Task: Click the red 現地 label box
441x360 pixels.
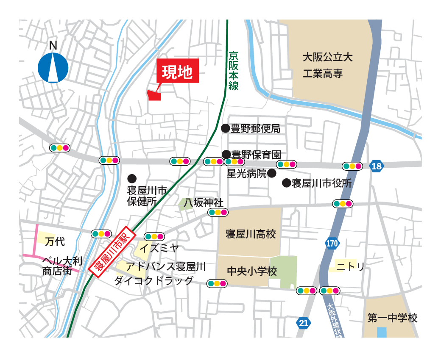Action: (178, 71)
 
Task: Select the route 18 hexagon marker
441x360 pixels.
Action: (376, 166)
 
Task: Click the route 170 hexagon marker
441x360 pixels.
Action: (332, 243)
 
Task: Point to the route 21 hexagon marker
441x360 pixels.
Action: (303, 323)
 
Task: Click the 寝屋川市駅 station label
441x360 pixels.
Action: (112, 253)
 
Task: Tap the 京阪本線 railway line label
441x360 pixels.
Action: (233, 70)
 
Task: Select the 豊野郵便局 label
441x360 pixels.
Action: (255, 129)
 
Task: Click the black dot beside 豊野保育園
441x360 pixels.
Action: (226, 154)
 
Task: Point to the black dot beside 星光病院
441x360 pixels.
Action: (271, 173)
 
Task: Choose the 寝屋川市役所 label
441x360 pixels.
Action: (322, 183)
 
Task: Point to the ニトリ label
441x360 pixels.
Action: (350, 266)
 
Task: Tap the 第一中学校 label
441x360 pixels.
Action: (392, 318)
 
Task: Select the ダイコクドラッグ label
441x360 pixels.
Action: (154, 280)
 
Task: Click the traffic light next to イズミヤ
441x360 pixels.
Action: (154, 236)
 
